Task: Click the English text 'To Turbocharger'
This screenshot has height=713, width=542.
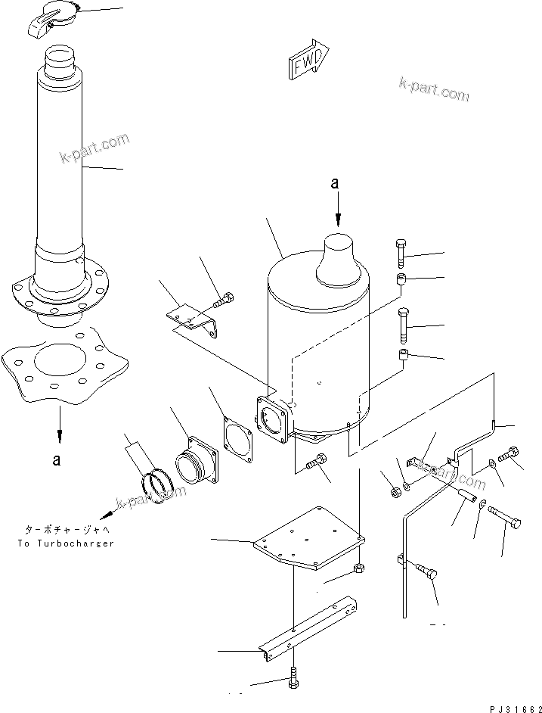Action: [x=63, y=543]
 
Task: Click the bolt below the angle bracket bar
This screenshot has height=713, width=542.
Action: [x=293, y=679]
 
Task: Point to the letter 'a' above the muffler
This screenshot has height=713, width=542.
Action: [x=338, y=183]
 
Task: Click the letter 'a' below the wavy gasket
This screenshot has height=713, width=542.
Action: [x=57, y=459]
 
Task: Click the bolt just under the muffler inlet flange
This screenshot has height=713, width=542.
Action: [x=317, y=459]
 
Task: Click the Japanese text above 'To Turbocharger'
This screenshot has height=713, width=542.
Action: [x=63, y=530]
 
